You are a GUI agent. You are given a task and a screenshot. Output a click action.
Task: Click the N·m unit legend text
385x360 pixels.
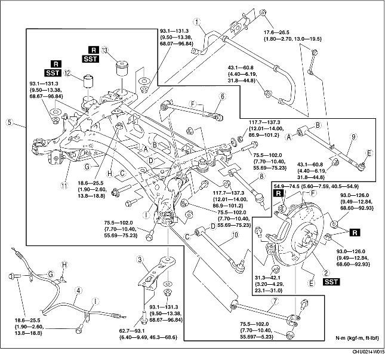point(347,343)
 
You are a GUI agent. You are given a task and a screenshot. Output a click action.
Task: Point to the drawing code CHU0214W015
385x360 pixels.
point(362,355)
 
